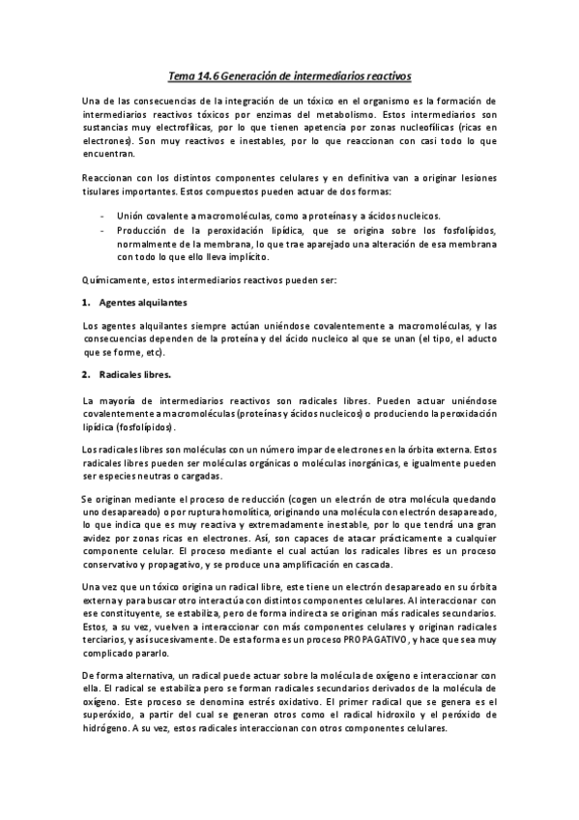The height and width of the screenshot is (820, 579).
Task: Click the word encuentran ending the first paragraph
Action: tap(108, 153)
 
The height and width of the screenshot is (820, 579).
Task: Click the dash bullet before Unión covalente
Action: tap(102, 216)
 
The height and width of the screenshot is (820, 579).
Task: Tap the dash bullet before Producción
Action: tap(102, 230)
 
